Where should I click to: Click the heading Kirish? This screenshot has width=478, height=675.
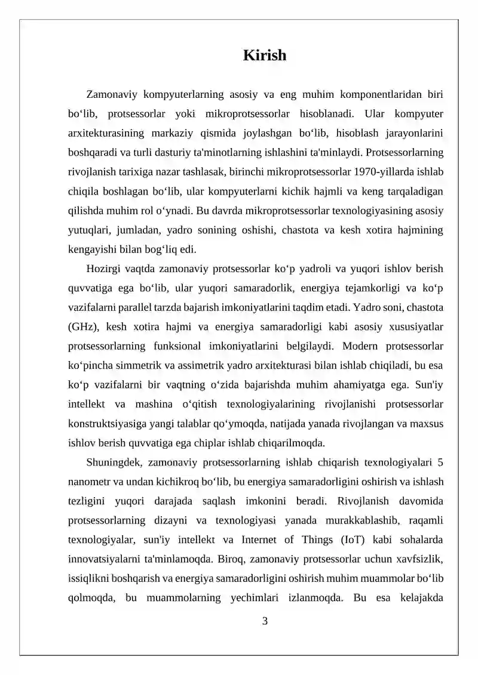265,56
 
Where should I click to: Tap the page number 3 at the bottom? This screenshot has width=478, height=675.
265,621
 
